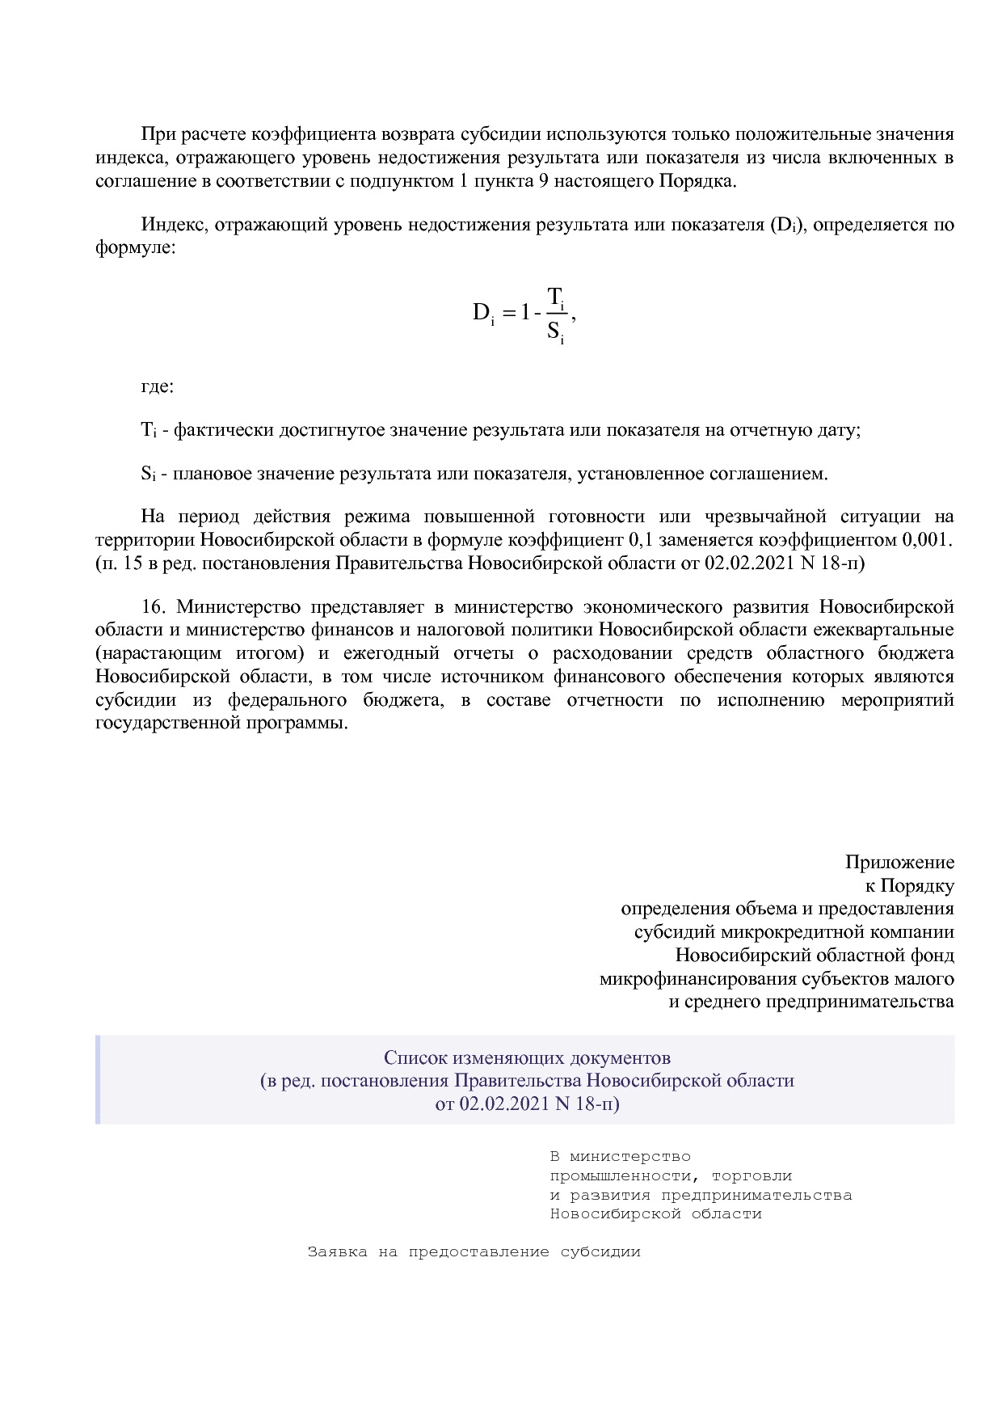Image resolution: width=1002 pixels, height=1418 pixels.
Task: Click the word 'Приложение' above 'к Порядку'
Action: coord(899,863)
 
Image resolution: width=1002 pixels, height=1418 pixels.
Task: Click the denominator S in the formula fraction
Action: coord(554,330)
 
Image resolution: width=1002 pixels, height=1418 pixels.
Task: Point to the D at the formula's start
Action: coord(481,313)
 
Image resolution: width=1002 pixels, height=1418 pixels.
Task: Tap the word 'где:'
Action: coord(158,386)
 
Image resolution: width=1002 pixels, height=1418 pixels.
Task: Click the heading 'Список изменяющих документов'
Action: coord(527,1057)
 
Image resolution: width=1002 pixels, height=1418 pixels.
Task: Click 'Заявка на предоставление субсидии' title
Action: coord(474,1252)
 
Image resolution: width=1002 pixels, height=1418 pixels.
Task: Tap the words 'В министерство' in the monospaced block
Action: coord(620,1157)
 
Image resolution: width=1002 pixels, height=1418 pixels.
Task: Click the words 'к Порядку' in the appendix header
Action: coord(910,886)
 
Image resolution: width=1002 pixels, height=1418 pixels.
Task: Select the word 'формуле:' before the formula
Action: coord(135,247)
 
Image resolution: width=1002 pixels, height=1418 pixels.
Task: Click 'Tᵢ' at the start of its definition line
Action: coord(148,430)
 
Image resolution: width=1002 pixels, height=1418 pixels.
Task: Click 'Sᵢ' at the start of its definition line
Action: coord(147,474)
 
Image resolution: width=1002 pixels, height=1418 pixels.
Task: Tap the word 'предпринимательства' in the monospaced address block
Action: coord(756,1195)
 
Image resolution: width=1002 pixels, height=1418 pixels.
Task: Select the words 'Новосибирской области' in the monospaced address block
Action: coord(655,1214)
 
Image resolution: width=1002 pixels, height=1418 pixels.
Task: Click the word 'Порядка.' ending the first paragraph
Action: coord(698,181)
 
